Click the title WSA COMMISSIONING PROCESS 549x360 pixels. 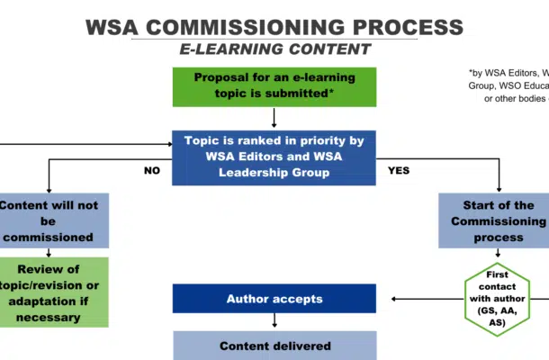(274, 25)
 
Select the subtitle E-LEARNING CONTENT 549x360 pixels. (274, 49)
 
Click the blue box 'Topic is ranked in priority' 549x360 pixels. (274, 157)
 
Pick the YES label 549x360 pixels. (400, 169)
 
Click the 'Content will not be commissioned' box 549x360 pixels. (54, 220)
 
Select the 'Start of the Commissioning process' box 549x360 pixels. (492, 220)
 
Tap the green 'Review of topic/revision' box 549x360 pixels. (54, 292)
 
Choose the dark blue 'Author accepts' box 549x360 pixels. (274, 298)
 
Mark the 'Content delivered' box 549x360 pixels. (274, 346)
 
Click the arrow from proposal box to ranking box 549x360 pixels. (274, 118)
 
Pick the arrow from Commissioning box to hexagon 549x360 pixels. (499, 254)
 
